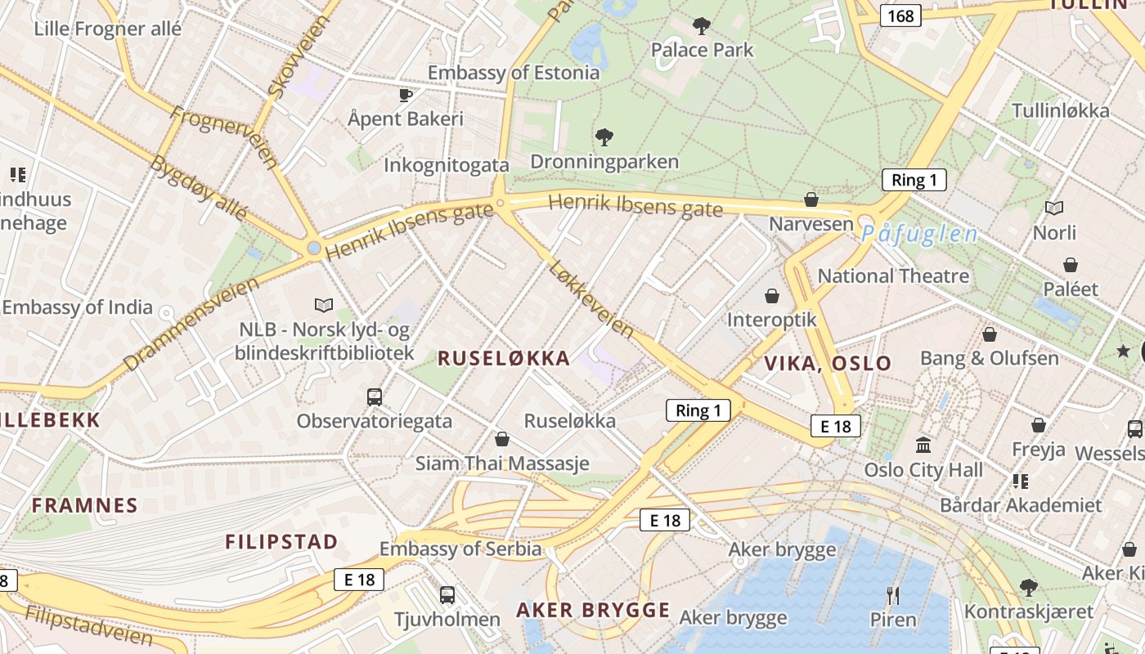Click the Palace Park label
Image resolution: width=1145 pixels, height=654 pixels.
[702, 50]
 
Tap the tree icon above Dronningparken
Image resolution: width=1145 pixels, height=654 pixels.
[604, 137]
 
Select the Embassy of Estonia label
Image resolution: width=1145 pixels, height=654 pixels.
[514, 73]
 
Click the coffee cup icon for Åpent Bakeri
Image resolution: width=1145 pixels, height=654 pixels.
[406, 96]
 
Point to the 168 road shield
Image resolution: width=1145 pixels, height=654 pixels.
[900, 16]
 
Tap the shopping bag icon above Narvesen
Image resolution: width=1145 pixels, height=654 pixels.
[811, 199]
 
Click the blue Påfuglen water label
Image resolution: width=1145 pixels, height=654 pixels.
[919, 235]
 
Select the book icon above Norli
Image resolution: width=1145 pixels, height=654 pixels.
[1054, 208]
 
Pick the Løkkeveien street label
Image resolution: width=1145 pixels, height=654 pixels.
[592, 298]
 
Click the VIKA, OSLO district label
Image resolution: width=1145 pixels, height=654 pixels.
[828, 363]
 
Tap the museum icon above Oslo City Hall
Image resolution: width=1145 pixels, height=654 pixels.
[924, 446]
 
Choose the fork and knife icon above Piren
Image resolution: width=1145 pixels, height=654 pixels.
[893, 595]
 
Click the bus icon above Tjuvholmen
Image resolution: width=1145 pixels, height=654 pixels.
[447, 595]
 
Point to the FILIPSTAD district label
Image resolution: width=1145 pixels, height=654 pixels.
[281, 541]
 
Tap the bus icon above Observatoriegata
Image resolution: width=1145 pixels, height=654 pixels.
[375, 397]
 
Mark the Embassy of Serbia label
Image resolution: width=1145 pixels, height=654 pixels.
[460, 549]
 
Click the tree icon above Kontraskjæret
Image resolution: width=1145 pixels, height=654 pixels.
[1029, 587]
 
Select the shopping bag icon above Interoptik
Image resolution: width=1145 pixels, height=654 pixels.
[772, 295]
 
